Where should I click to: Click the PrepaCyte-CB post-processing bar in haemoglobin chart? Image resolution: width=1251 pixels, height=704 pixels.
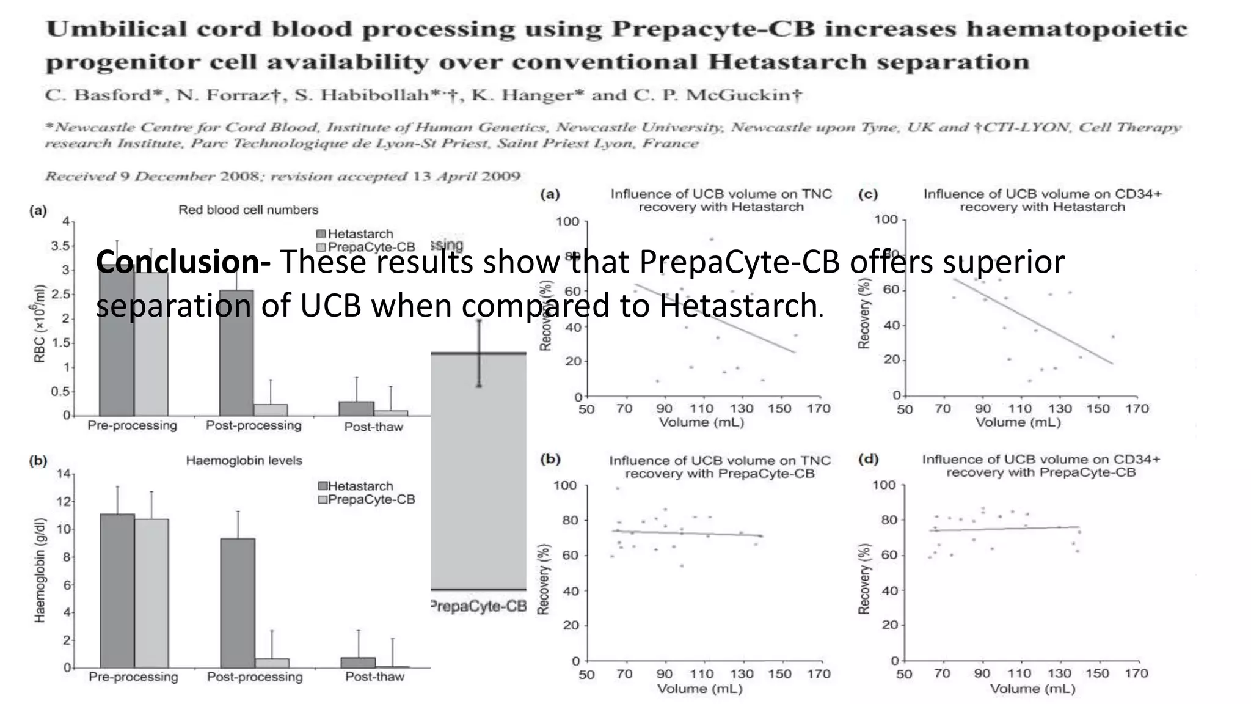pos(272,662)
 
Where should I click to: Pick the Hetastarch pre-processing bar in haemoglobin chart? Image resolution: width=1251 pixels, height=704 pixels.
pos(117,590)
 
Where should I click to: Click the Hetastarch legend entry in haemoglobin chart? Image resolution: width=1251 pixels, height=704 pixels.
pos(356,486)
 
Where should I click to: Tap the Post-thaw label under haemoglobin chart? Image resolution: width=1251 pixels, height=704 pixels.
pos(374,676)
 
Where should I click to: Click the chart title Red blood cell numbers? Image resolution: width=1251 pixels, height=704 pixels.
pos(248,210)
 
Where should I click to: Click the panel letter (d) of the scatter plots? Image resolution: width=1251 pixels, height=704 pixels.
pos(868,459)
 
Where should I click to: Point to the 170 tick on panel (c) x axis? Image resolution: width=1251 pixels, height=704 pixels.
pos(1137,408)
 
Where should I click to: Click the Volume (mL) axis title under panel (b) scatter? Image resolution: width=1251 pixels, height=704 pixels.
pos(700,689)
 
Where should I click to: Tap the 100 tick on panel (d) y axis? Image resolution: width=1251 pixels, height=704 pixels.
pos(884,485)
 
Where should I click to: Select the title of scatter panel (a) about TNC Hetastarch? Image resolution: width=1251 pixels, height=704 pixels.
pos(721,200)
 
